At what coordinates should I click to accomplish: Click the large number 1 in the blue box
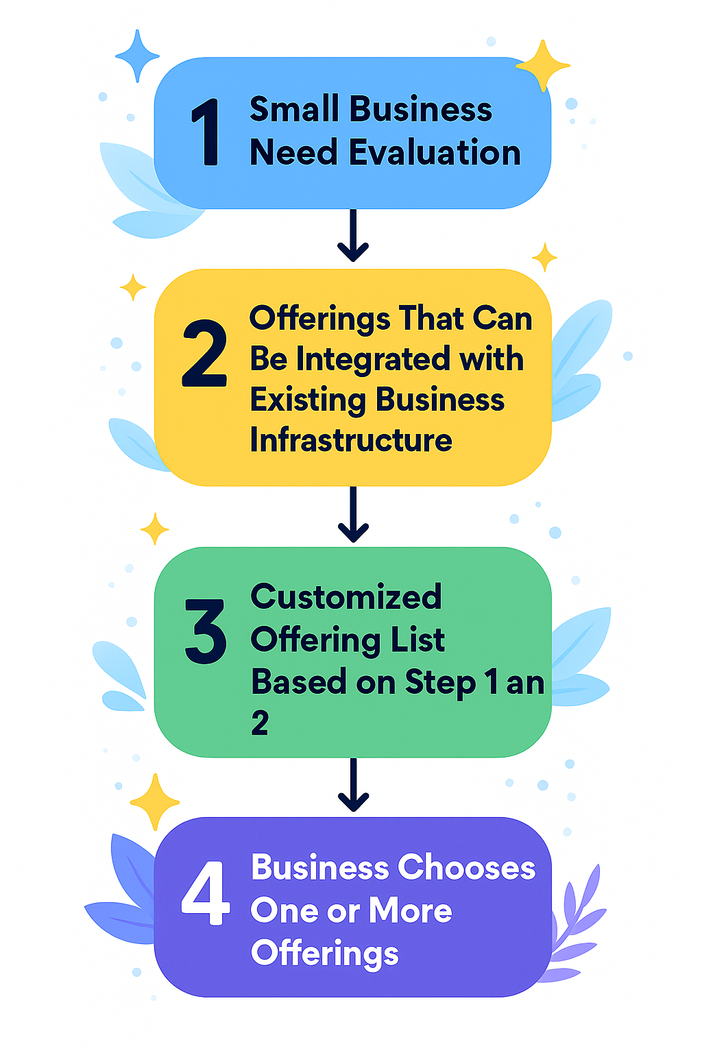pos(206,132)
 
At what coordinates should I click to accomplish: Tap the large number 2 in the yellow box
pos(204,354)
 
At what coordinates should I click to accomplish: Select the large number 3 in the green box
pos(205,631)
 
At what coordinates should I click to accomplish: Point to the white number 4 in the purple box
pos(205,893)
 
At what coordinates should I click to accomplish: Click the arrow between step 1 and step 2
pos(353,236)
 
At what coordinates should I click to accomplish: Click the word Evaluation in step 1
pos(435,152)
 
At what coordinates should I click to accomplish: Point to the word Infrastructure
pos(351,440)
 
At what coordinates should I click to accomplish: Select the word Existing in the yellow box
pos(308,400)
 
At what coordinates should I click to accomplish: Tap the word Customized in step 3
pos(346,597)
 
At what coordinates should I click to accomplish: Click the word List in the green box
pos(417,640)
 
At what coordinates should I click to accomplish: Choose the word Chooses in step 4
pos(467,868)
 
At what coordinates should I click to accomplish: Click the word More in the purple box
pos(410,911)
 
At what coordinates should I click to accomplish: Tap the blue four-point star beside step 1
pos(137,56)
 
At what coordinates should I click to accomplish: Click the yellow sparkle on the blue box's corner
pos(543,66)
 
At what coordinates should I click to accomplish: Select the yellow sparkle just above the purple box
pos(155,801)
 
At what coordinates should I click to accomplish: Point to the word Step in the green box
pos(440,683)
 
